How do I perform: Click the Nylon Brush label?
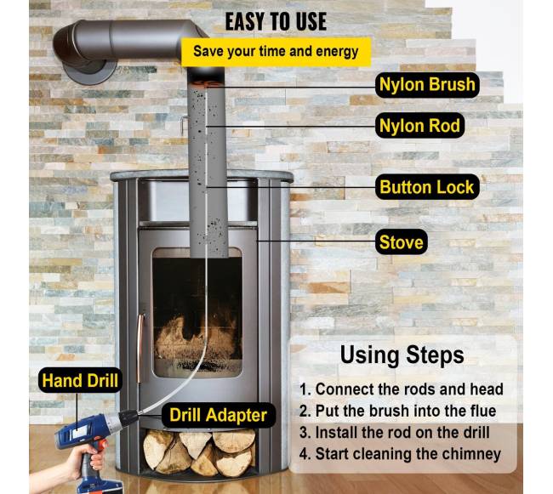427,85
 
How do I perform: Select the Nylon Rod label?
419,126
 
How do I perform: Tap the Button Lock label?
427,187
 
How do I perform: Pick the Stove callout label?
401,242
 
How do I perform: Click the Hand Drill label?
80,381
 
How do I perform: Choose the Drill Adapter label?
218,415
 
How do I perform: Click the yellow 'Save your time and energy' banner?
276,52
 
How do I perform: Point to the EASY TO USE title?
276,22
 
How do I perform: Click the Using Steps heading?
402,355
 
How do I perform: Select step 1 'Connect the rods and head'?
402,389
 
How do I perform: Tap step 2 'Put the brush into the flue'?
398,411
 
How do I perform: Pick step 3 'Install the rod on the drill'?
395,432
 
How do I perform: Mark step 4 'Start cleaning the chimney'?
401,454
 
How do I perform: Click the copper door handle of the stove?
140,348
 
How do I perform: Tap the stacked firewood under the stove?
199,453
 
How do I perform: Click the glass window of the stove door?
197,313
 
